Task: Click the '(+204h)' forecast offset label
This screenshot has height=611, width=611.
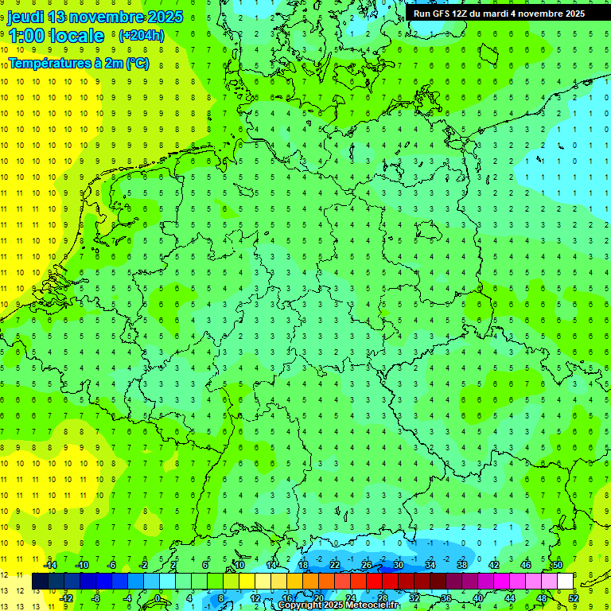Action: (141, 36)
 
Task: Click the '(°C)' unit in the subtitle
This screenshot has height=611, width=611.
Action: (137, 62)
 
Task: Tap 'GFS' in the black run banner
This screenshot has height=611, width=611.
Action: (446, 14)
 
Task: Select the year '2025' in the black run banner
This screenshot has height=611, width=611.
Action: (570, 14)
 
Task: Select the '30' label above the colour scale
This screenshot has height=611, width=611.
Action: (399, 565)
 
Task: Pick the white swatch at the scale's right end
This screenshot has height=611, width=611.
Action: (565, 582)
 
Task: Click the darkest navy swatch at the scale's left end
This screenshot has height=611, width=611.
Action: (40, 582)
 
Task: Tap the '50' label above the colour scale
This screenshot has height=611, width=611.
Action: (557, 565)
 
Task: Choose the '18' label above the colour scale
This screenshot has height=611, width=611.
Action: (303, 565)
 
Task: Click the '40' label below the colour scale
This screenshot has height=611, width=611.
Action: (478, 598)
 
